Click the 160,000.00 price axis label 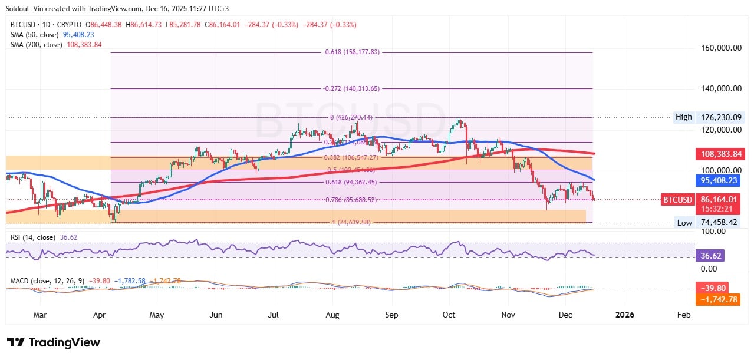(x=719, y=48)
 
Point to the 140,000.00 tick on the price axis (x=719, y=88)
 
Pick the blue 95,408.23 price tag (x=719, y=180)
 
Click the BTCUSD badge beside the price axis (x=677, y=200)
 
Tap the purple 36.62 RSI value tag (x=710, y=256)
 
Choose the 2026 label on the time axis (x=624, y=315)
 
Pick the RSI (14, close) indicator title (x=33, y=237)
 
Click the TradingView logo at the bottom (x=54, y=342)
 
